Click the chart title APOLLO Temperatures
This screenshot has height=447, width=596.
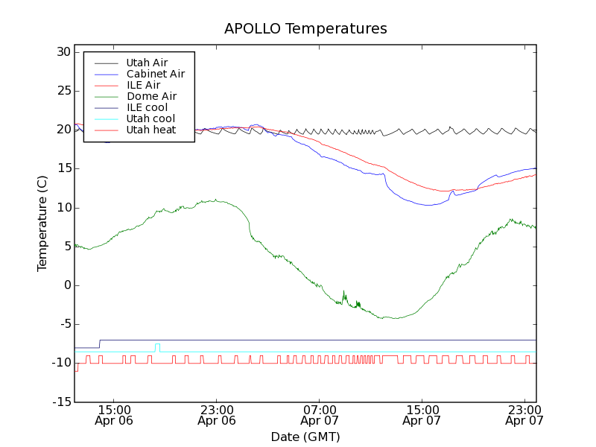(305, 29)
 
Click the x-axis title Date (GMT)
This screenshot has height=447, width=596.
(305, 437)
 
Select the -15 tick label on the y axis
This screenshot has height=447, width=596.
(60, 402)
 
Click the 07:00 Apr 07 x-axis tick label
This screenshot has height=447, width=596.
(319, 415)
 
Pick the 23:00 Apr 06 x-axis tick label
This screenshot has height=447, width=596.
(217, 415)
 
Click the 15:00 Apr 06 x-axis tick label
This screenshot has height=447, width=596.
(115, 415)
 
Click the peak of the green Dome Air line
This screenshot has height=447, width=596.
(215, 200)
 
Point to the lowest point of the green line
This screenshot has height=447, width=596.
(396, 319)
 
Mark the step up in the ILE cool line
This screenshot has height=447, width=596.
(100, 343)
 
